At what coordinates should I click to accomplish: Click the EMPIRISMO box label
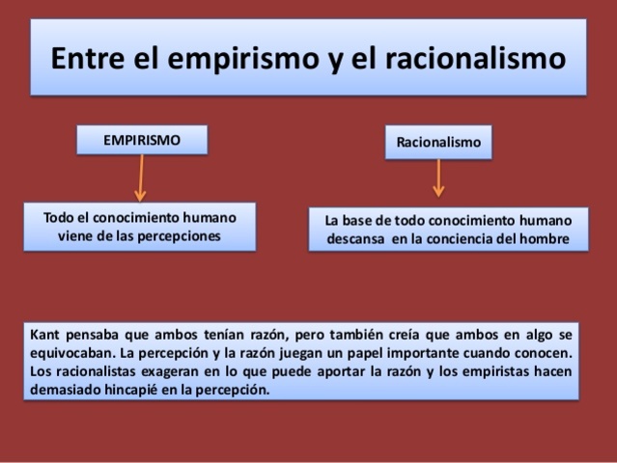142,141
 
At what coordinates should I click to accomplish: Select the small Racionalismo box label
437,142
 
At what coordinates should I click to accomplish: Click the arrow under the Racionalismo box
439,178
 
